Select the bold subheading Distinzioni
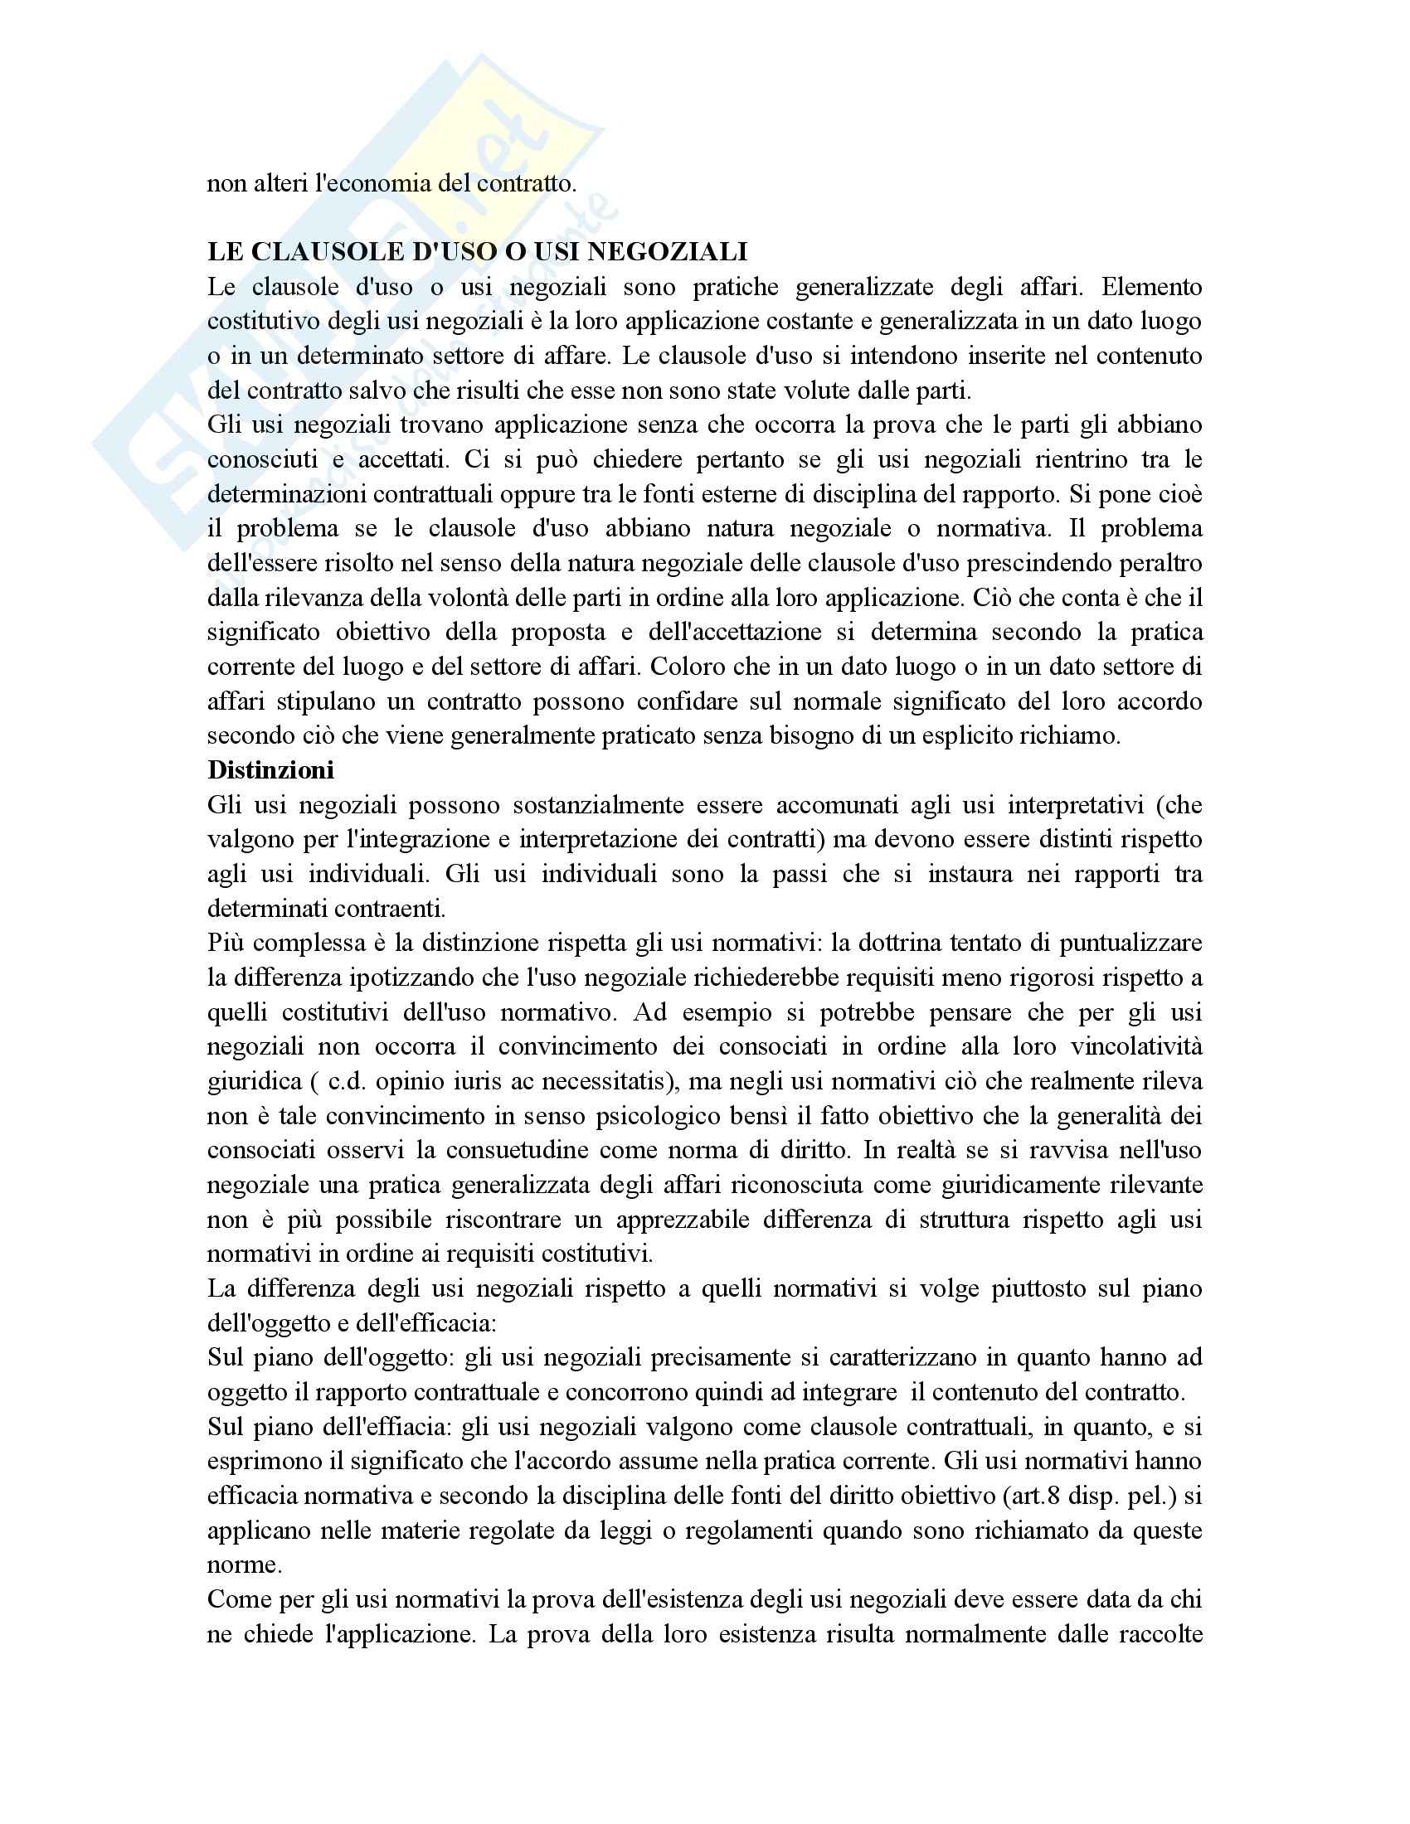[270, 769]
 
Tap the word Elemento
[1152, 287]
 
